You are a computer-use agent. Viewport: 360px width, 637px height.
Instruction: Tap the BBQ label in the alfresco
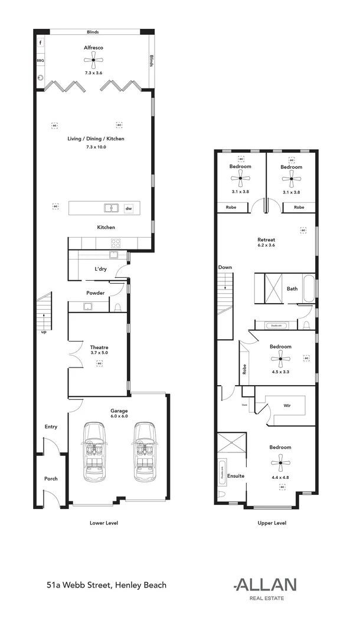41,60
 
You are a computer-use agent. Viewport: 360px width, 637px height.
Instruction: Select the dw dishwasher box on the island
129,208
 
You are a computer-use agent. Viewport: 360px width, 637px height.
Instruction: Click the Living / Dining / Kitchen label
96,139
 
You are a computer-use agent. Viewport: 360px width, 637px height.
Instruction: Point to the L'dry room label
100,270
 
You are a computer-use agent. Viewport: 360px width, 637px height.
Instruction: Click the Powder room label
96,293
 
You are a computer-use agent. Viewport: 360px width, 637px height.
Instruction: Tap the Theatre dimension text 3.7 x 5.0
100,354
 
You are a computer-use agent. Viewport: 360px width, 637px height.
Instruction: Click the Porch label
51,478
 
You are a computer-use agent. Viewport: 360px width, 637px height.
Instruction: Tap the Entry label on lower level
51,426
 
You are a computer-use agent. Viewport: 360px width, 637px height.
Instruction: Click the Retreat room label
266,239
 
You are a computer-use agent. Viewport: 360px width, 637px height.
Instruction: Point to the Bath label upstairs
292,289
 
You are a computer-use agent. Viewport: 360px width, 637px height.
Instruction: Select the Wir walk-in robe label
287,406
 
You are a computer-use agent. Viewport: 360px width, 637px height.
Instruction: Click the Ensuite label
236,476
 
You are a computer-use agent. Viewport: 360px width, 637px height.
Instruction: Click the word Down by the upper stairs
225,267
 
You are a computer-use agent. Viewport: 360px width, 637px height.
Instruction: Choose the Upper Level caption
272,523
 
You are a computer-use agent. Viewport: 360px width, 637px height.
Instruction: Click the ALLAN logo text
266,585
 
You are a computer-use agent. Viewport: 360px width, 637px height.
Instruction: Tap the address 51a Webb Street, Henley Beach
106,585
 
